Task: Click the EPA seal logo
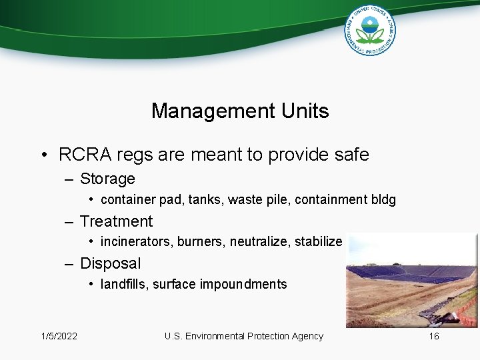pos(370,30)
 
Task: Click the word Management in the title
pos(203,111)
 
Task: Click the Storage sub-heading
pos(107,179)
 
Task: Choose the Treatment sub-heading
pos(116,221)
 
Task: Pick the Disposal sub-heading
pos(111,263)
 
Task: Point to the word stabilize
pos(317,242)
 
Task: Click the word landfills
pos(123,285)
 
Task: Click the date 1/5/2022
pos(59,336)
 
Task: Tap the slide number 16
pos(434,336)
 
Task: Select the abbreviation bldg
pos(384,200)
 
